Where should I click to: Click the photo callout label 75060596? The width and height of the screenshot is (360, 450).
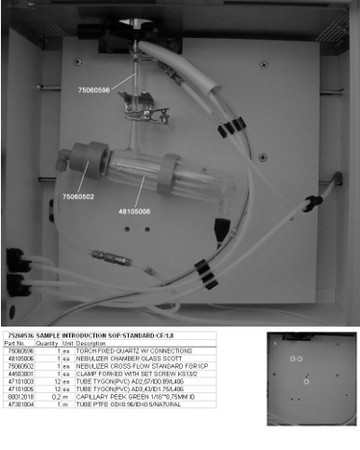93,89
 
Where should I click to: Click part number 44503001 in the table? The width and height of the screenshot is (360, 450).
20,374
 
